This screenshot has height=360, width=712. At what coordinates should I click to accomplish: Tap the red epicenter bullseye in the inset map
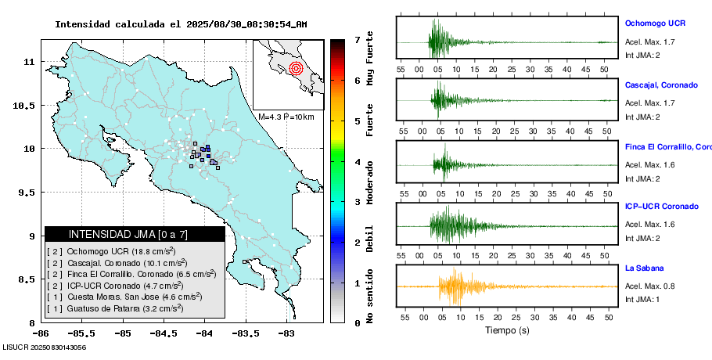(295, 68)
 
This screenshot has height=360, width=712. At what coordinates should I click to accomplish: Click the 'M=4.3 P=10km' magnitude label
(286, 117)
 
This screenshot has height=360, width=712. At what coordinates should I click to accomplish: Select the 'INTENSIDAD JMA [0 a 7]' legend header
(128, 234)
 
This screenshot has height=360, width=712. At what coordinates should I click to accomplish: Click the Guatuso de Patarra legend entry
(115, 308)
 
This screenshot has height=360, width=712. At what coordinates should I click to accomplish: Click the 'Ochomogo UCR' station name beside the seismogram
(655, 23)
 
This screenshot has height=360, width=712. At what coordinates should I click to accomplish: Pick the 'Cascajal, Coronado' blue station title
(661, 85)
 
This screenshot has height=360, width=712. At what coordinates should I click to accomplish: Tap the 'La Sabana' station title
(644, 268)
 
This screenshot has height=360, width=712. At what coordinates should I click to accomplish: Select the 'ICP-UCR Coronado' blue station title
(661, 207)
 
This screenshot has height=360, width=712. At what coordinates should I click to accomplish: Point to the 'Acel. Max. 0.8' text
(649, 286)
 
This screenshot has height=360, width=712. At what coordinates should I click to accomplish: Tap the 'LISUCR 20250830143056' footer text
(44, 347)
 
